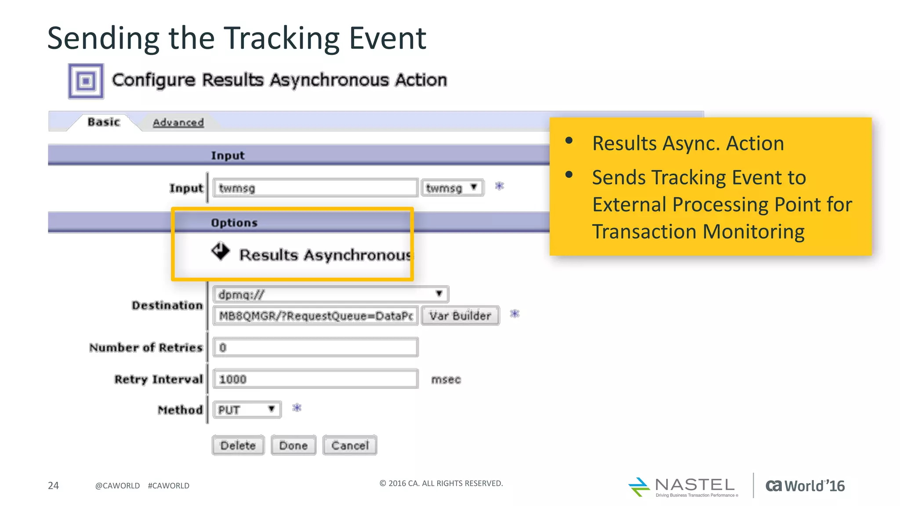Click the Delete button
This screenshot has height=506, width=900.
click(x=238, y=445)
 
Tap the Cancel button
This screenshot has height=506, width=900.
click(x=350, y=445)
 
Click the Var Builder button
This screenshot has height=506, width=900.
click(x=460, y=316)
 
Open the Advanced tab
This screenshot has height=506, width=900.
click(x=178, y=123)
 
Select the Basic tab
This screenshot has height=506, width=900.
click(x=104, y=122)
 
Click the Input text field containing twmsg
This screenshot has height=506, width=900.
click(x=315, y=188)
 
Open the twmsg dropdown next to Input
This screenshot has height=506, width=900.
click(x=452, y=188)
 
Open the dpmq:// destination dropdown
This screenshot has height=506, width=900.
click(x=330, y=294)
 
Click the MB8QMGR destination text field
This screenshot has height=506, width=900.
click(x=315, y=316)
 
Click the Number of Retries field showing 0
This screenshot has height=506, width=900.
click(x=315, y=347)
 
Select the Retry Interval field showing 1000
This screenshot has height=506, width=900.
click(x=315, y=379)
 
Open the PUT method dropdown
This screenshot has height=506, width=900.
click(x=247, y=410)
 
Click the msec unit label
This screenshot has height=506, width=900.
click(x=446, y=379)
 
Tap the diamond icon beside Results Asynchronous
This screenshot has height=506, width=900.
click(x=220, y=252)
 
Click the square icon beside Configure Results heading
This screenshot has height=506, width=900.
click(x=86, y=81)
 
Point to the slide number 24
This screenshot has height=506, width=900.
click(x=53, y=485)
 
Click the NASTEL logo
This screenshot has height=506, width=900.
click(x=683, y=487)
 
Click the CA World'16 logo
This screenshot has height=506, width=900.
click(x=805, y=486)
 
